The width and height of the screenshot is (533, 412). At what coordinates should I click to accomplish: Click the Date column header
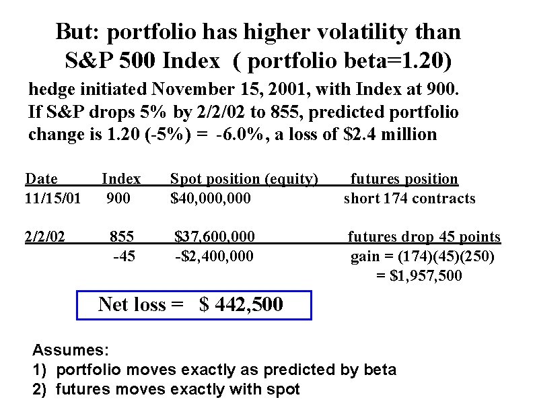41,179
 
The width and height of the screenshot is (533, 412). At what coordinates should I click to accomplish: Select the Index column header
121,179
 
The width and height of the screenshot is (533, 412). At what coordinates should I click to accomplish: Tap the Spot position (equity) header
244,179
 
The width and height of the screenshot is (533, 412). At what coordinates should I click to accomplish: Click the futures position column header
404,179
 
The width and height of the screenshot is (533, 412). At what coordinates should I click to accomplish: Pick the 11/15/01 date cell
52,199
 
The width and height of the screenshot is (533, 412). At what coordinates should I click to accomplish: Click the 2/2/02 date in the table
45,237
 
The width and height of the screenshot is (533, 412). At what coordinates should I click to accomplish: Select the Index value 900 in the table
119,199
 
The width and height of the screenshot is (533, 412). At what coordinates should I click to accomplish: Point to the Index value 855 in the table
122,237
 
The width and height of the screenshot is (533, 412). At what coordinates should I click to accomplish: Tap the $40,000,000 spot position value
211,199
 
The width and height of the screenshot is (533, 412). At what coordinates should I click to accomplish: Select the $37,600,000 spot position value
215,237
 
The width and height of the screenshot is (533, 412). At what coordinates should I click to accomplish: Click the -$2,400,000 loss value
214,256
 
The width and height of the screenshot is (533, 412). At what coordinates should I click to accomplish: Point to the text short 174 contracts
409,199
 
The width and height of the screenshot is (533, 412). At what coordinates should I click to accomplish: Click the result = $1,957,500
419,275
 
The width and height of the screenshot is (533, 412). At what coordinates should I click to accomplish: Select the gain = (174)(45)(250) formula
423,256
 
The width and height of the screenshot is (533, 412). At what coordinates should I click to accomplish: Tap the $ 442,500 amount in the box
242,305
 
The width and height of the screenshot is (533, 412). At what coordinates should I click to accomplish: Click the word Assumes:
71,351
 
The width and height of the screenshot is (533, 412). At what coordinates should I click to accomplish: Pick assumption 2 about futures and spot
166,389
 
